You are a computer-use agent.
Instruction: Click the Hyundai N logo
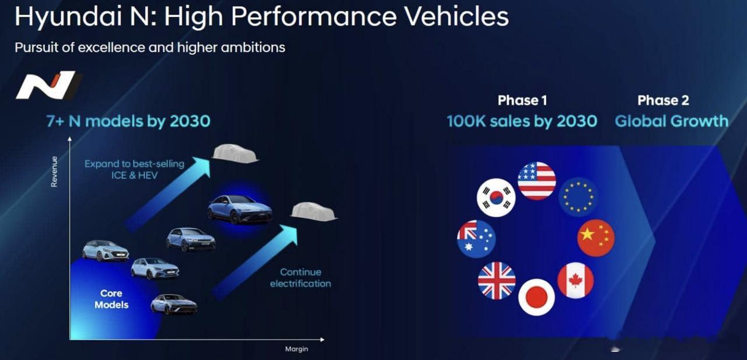pos(48,85)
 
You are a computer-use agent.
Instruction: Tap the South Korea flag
pos(496,197)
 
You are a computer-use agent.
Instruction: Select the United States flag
pos(537,181)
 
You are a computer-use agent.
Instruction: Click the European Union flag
pos(578,197)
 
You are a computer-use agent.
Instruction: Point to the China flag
pos(596,237)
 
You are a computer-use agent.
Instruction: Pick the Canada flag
pos(575,280)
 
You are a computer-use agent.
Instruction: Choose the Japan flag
pos(536,297)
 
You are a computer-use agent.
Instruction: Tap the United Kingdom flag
pos(497,281)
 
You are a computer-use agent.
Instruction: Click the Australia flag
pos(477,239)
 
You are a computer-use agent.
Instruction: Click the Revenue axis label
pos(54,172)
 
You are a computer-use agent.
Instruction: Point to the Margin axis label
pos(296,349)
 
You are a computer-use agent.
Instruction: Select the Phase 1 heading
pos(522,100)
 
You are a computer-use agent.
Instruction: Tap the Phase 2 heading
pos(663,100)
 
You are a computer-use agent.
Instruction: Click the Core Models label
pos(111,299)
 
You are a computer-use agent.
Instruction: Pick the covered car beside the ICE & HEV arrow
pos(235,153)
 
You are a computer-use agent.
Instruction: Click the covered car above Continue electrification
pos(313,211)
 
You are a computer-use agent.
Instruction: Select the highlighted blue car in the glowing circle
pos(240,209)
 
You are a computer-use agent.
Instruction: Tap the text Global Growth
pos(672,121)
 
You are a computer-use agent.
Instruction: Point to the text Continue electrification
pos(301,278)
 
